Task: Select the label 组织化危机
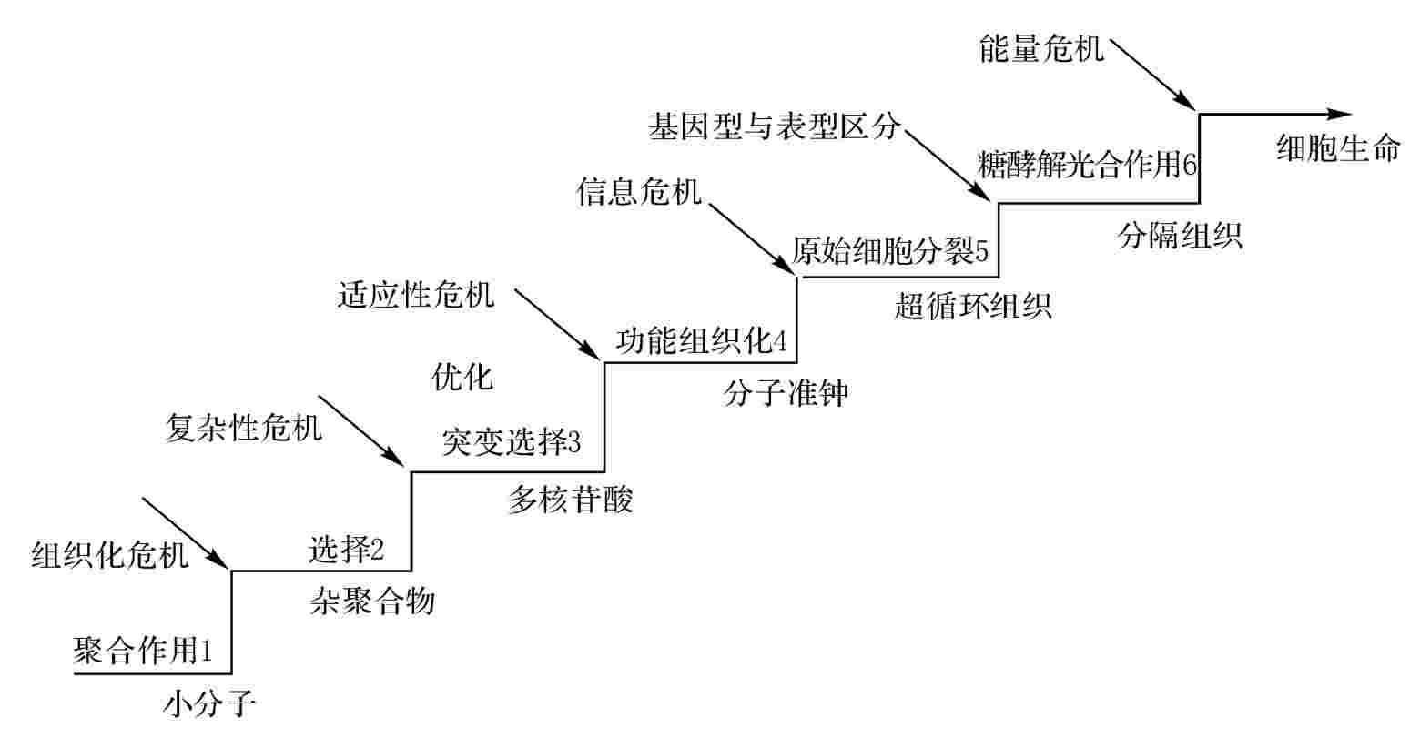click(111, 553)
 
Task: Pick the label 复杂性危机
click(244, 426)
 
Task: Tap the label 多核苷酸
click(570, 500)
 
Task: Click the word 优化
click(462, 376)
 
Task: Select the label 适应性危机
click(416, 296)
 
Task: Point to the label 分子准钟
click(786, 393)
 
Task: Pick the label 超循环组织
click(973, 307)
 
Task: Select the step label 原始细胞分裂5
click(889, 252)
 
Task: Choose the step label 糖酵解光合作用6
click(1088, 166)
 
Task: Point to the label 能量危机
click(1041, 47)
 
